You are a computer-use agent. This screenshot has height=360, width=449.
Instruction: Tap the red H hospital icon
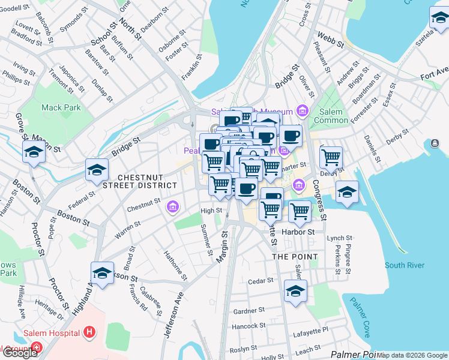[x=89, y=332]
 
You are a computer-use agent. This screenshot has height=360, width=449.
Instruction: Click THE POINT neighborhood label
[x=295, y=256]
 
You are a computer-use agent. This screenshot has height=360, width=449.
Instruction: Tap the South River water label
[x=404, y=265]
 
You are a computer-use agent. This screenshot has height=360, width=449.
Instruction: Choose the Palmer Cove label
[x=365, y=316]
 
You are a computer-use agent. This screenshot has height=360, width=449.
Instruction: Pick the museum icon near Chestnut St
[x=173, y=208]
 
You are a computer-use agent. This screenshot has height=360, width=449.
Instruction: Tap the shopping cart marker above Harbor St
[x=300, y=211]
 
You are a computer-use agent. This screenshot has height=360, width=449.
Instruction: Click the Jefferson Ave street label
[x=170, y=315]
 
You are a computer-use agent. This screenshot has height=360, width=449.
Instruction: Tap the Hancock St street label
[x=249, y=326]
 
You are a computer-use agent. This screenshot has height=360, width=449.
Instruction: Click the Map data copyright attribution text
[x=412, y=355]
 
